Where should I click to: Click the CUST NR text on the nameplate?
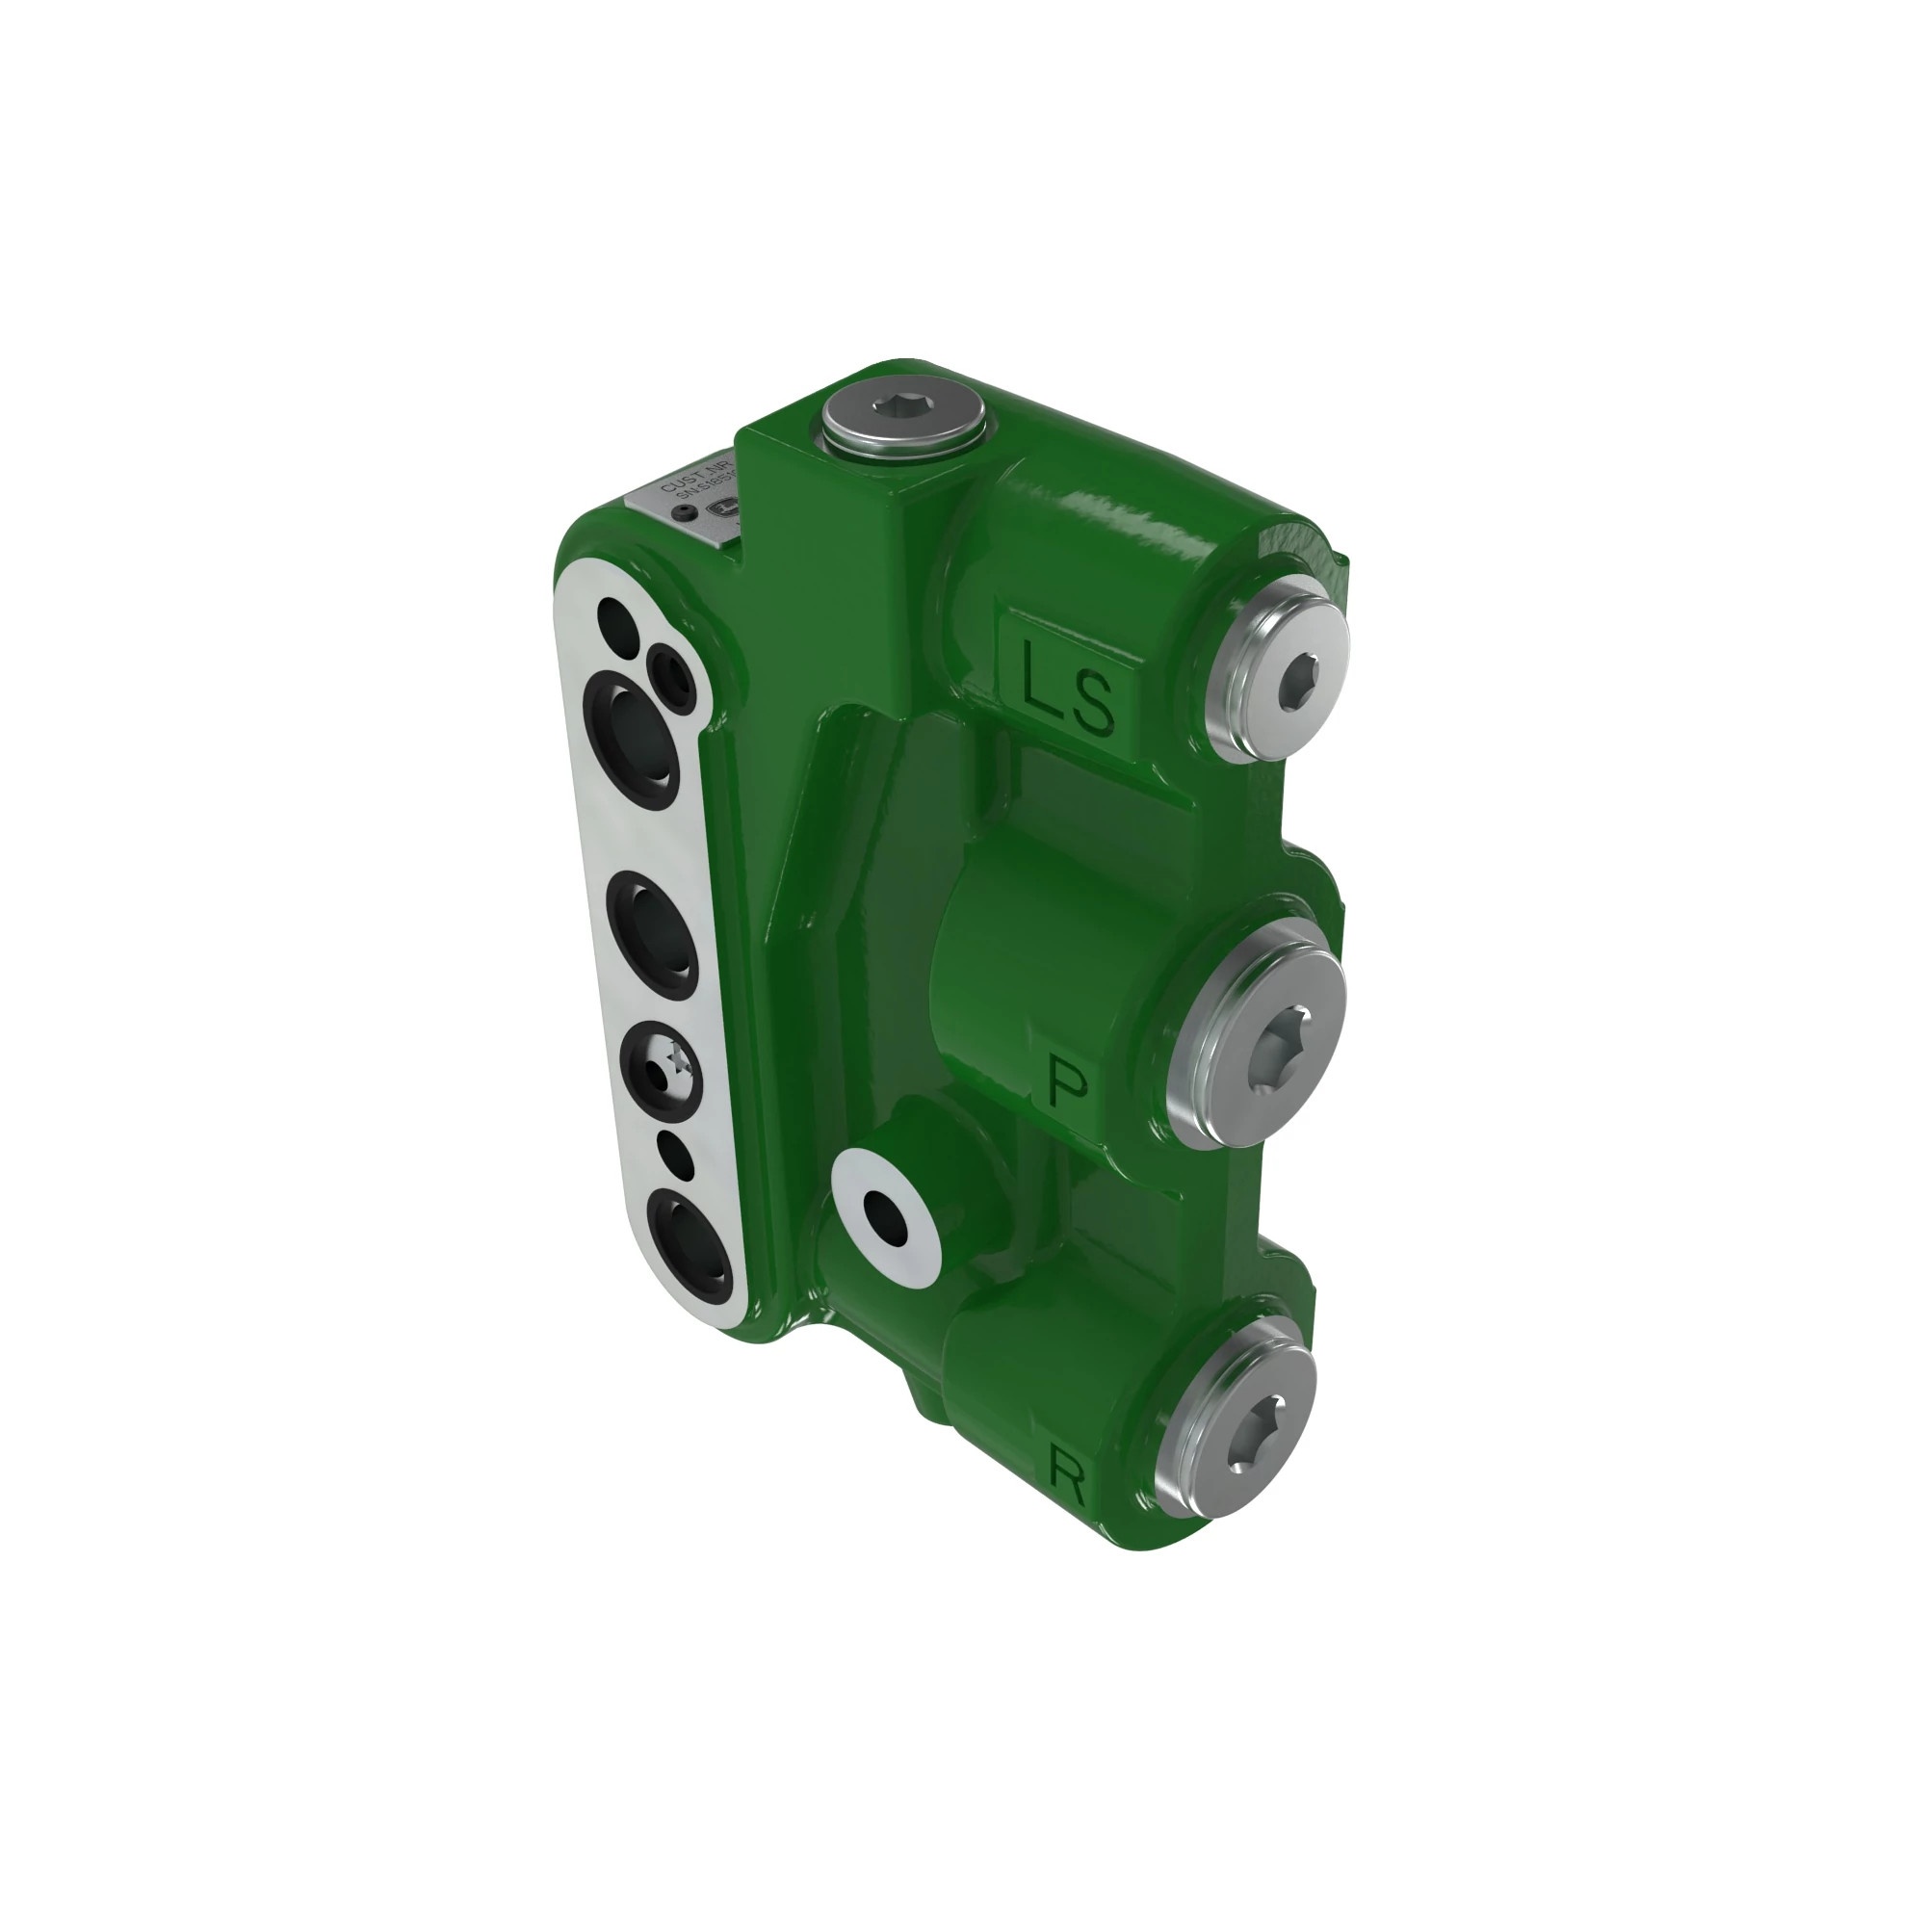point(695,476)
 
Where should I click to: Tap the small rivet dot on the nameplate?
point(684,513)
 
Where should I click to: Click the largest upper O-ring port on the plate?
point(632,732)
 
